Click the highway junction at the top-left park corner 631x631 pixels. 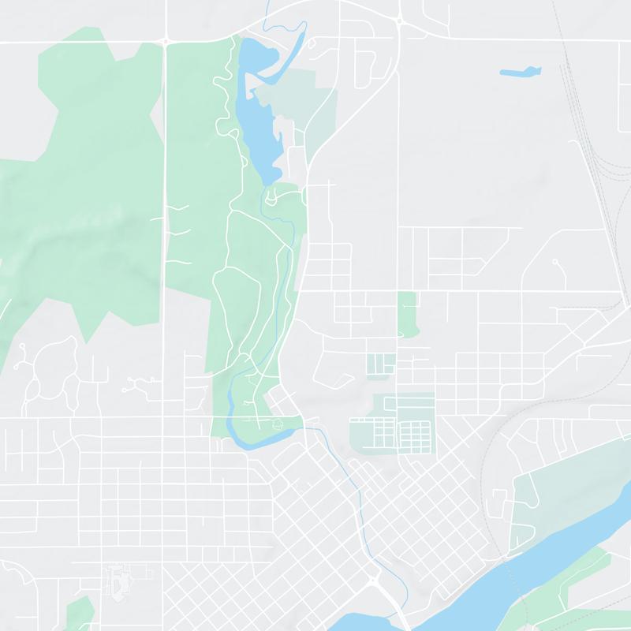pos(166,39)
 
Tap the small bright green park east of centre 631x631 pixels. pos(407,312)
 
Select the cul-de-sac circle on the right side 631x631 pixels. pos(554,261)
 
